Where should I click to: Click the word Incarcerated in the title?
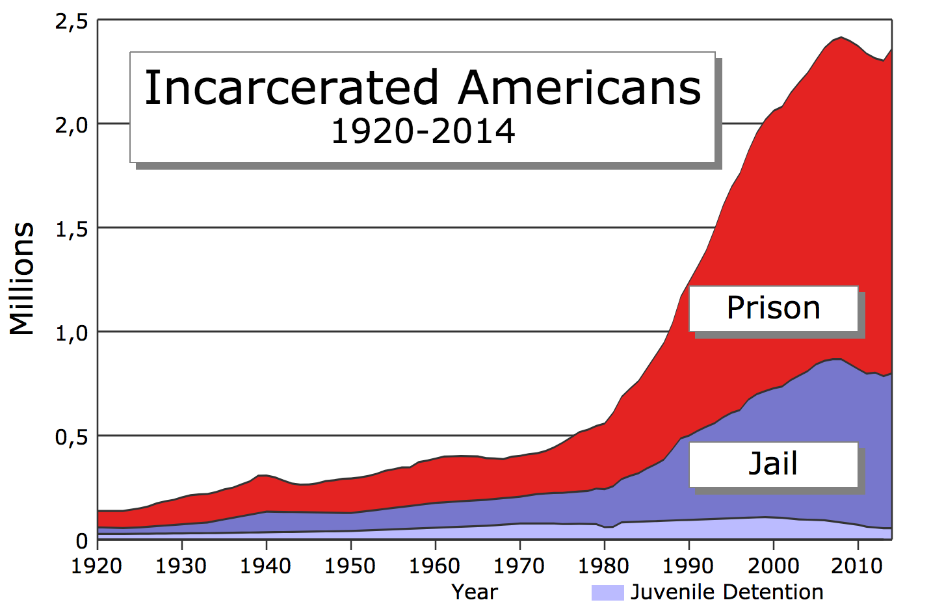291,88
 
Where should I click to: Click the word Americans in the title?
579,88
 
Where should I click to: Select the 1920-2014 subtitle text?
423,132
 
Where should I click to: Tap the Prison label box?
773,308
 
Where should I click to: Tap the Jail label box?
773,464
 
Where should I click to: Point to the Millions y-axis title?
22,279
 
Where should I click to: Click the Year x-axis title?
475,592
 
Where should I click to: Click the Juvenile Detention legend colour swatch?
607,592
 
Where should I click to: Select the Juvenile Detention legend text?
727,592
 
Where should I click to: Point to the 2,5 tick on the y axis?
72,22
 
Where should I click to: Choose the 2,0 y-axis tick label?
72,125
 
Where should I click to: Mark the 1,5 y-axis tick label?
72,229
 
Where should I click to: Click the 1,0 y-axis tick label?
72,333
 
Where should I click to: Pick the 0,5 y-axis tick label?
72,437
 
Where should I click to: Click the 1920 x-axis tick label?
97,566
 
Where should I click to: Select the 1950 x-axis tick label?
350,566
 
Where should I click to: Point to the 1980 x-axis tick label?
604,566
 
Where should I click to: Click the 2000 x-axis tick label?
773,566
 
